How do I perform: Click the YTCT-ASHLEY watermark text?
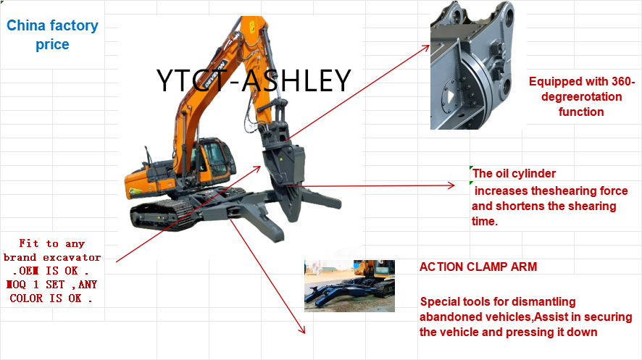[x=254, y=80]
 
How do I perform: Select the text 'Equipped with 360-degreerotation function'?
[x=581, y=96]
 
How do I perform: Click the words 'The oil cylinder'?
[x=514, y=173]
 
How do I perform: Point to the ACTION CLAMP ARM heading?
[x=478, y=267]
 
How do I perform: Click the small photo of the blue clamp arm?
[x=349, y=285]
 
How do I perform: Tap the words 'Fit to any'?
[x=50, y=244]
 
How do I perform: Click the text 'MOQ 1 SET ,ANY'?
[x=52, y=285]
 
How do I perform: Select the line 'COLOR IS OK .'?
[x=51, y=298]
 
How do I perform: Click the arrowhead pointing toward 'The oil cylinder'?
[x=453, y=186]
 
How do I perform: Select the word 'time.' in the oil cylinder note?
[x=485, y=222]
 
